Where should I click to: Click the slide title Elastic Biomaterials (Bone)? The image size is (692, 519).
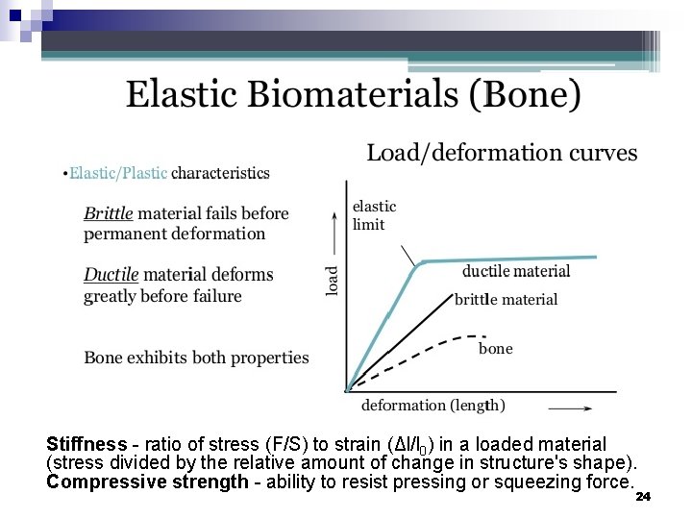coord(353,95)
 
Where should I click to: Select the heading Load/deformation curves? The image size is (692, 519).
coord(502,154)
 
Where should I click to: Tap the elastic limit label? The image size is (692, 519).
coord(374,215)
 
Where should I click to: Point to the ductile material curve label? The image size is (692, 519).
coord(516,272)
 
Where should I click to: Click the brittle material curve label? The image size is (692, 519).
coord(506,300)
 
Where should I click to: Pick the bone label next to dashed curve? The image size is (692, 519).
coord(495,349)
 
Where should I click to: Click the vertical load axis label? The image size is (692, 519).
coord(333,280)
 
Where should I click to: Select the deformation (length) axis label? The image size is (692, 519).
coord(433,406)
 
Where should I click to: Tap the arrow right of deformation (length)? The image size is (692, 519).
coord(570,407)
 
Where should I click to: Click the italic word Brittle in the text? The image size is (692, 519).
coord(109,213)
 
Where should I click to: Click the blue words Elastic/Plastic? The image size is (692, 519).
coord(118,173)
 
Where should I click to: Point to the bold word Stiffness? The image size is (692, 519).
coord(86,444)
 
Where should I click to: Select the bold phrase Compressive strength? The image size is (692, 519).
coord(147,482)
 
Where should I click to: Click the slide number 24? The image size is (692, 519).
coord(643,497)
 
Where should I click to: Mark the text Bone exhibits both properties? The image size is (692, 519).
coord(196,358)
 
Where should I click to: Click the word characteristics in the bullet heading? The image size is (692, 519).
coord(220,173)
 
